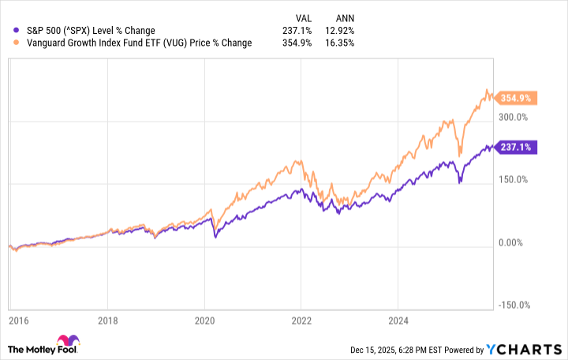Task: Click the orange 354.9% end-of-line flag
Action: tap(520, 98)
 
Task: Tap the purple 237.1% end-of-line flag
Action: tap(519, 147)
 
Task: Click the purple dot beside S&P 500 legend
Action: tap(8, 31)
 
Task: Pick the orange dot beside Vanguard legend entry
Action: tap(8, 43)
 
